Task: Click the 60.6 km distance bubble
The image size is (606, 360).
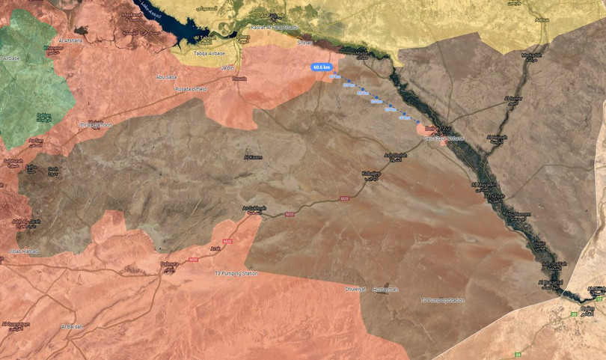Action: click(x=321, y=67)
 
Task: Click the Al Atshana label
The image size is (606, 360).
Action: click(x=70, y=40)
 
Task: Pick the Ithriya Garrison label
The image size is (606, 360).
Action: click(x=96, y=124)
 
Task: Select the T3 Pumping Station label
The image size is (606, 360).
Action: click(x=236, y=273)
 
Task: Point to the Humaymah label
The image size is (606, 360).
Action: click(x=386, y=289)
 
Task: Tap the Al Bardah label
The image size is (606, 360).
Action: click(x=72, y=326)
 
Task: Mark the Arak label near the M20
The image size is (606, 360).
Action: click(x=215, y=248)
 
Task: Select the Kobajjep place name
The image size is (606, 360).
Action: click(x=372, y=174)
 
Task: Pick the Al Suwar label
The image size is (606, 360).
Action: click(x=513, y=98)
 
